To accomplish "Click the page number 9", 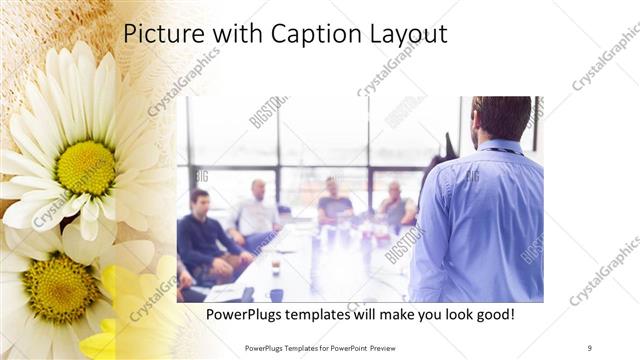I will [589, 347].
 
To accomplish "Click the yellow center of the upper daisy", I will [86, 166].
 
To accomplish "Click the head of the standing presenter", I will [501, 116].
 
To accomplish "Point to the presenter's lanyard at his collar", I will [505, 150].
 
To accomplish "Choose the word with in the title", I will [226, 34].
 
